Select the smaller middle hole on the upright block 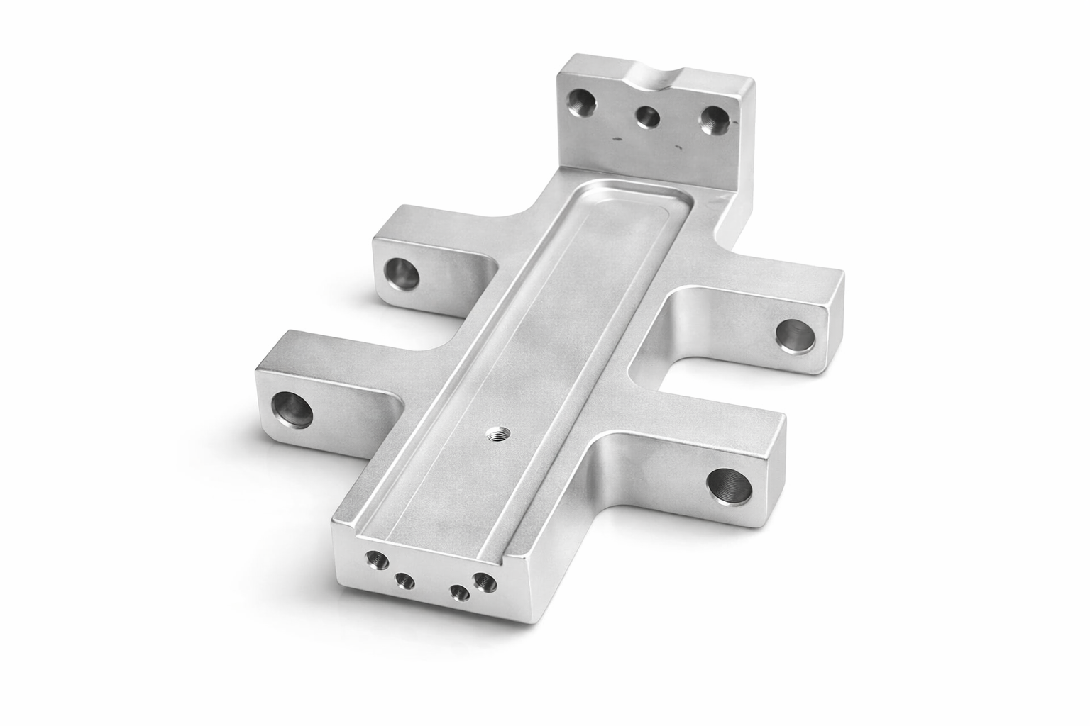pos(646,115)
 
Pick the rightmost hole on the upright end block pos(712,121)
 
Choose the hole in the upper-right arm pos(793,333)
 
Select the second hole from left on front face pos(405,582)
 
